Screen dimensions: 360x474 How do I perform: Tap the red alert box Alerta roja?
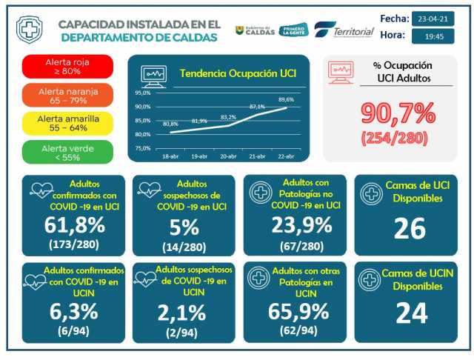tap(67, 66)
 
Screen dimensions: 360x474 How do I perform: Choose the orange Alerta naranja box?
tap(67, 95)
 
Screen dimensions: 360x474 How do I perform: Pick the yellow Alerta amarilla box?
tap(67, 123)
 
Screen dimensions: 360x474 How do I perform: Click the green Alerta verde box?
tap(67, 152)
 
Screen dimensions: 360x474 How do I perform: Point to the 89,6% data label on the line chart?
tap(286, 99)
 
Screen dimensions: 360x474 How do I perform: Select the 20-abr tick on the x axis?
tap(229, 158)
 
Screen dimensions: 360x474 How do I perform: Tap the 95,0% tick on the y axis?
tap(142, 93)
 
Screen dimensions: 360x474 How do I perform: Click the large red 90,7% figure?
tap(398, 113)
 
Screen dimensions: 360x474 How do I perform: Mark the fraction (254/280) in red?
tap(398, 137)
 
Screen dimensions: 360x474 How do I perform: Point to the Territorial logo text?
tap(353, 31)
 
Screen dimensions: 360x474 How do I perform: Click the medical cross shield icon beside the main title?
tap(29, 30)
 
